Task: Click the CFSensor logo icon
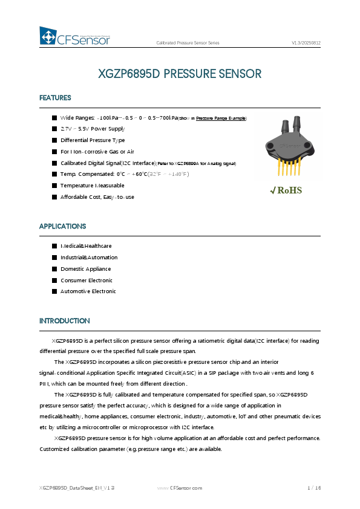point(48,37)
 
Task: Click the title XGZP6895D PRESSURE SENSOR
point(180,74)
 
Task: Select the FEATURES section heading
point(55,98)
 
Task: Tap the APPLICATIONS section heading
point(62,226)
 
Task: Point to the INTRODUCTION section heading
point(64,320)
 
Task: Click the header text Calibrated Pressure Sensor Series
point(188,44)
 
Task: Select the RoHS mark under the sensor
point(286,190)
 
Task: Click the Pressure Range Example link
point(221,118)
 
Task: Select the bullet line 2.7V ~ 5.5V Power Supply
point(92,129)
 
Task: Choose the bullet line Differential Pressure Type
point(93,140)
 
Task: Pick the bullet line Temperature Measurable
point(92,186)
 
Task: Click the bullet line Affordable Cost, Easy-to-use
point(97,197)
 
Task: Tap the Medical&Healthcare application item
point(86,246)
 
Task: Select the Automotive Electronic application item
point(88,291)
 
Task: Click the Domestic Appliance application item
point(85,269)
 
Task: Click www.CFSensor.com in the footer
point(180,487)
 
